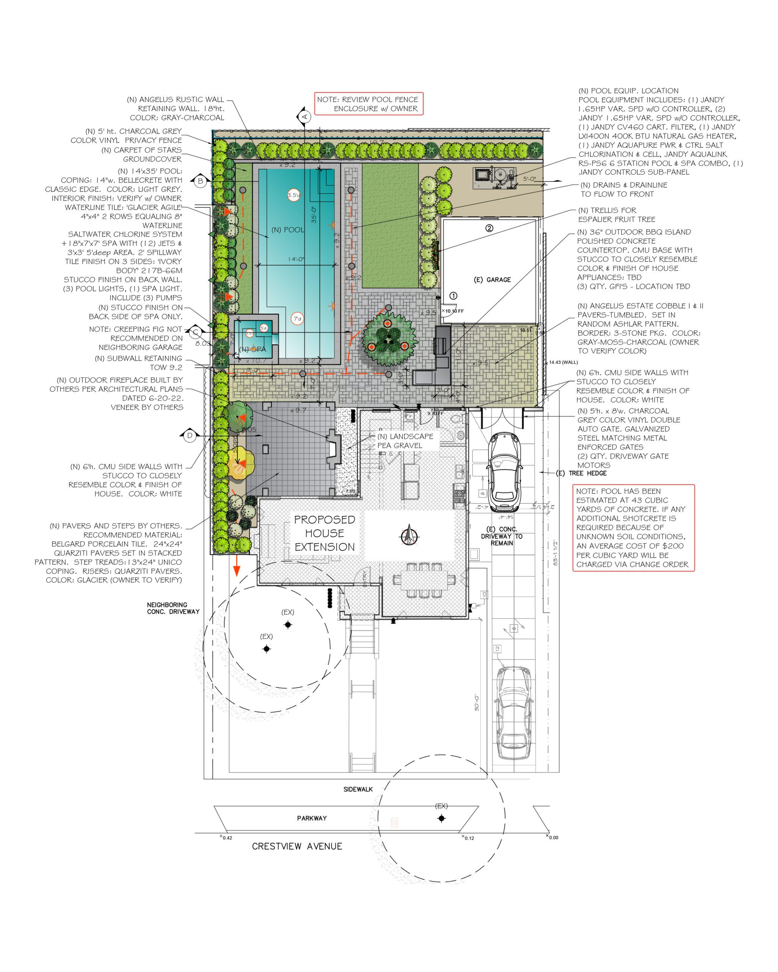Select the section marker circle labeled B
[200, 181]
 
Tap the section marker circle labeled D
[190, 436]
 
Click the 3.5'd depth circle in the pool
[294, 195]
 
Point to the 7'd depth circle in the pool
[297, 318]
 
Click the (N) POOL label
[287, 229]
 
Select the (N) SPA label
[253, 349]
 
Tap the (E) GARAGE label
[492, 279]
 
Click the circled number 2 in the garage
[489, 228]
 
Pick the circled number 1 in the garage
[453, 296]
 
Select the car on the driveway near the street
[514, 714]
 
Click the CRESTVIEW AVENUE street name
[297, 846]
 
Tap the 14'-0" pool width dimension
[296, 259]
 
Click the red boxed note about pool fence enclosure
[368, 104]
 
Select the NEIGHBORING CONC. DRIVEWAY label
[173, 608]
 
